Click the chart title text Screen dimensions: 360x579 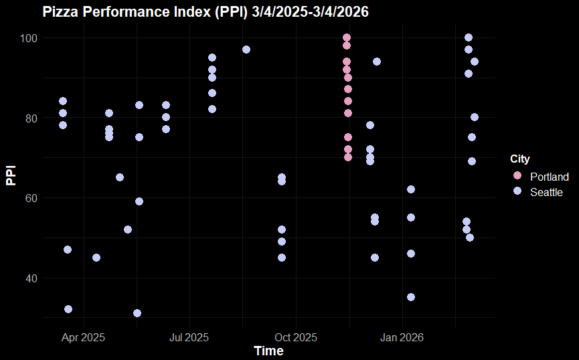pos(205,11)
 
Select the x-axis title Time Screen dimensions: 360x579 pos(268,351)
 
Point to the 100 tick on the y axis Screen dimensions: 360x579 pos(27,38)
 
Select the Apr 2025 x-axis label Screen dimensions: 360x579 pos(83,337)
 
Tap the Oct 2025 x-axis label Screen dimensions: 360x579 pos(295,337)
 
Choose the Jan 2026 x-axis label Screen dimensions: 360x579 pos(401,337)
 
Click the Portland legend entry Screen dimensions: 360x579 pos(549,177)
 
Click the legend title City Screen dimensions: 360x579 pos(520,159)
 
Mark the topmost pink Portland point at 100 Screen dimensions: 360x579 pos(347,37)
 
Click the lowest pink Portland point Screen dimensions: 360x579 pos(348,157)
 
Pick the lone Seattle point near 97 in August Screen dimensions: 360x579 pos(246,50)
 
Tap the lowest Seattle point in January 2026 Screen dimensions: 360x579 pos(411,297)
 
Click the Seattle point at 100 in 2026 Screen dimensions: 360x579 pos(469,37)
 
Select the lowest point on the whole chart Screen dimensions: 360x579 pos(137,313)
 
